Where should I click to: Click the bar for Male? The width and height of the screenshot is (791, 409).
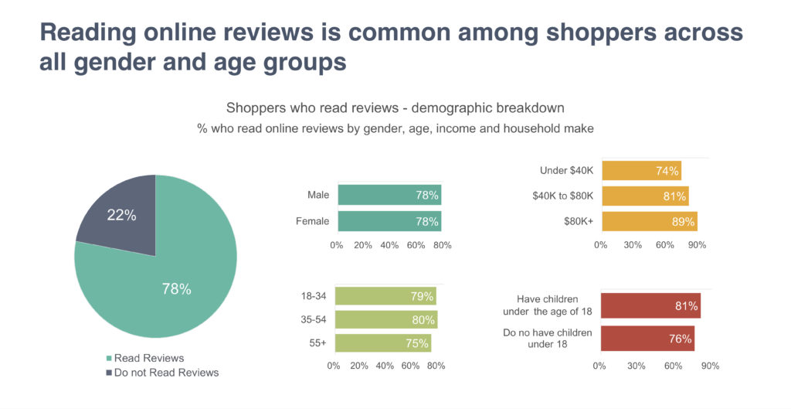point(389,196)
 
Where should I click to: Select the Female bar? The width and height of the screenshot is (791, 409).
point(389,222)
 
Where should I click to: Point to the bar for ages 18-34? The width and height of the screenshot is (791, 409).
point(385,296)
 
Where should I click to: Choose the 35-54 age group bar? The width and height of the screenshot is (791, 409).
point(386,320)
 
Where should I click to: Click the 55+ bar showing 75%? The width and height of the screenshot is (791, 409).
point(383,343)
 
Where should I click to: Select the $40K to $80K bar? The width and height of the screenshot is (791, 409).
point(644,196)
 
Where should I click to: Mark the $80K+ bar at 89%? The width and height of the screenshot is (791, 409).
point(649,221)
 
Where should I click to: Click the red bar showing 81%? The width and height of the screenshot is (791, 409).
point(650,305)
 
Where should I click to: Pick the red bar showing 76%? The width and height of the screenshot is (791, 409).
point(647,339)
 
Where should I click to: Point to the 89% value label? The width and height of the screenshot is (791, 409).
point(683,221)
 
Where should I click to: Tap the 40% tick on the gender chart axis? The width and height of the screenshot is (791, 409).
point(389,245)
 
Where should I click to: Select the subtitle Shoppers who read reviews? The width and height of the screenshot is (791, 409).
point(395,107)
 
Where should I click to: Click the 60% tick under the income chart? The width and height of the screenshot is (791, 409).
point(665,245)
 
